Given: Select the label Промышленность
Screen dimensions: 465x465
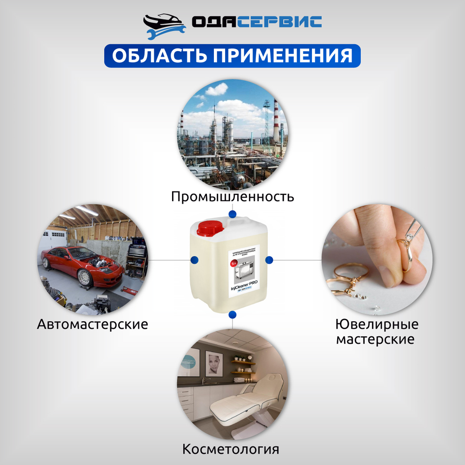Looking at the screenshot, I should point(232,196).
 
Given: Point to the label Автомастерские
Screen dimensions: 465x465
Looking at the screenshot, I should point(93,324).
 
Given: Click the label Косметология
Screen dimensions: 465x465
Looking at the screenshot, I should point(231,449).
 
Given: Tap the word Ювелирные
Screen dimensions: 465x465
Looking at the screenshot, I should point(377,324).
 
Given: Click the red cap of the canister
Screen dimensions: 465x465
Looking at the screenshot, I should point(211,228).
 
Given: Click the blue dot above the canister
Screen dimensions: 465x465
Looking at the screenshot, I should point(232,213).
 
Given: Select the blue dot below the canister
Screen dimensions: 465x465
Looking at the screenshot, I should point(232,315).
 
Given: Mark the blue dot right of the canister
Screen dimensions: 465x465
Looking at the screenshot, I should point(269,259).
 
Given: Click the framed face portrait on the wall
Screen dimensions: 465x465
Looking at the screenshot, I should point(214,363).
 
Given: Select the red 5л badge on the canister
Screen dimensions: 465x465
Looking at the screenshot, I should point(233,265).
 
